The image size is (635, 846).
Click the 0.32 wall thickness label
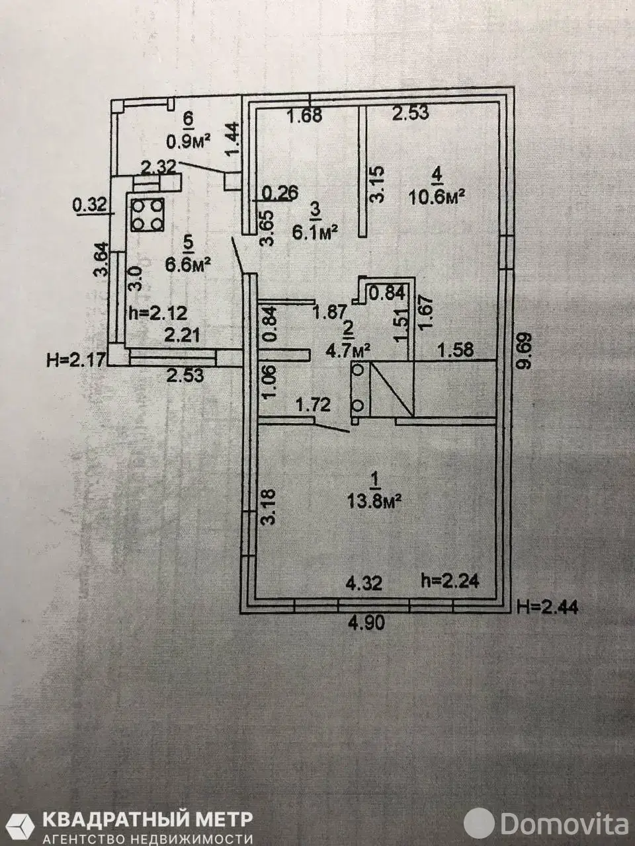pyautogui.click(x=89, y=205)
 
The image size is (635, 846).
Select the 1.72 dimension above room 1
pyautogui.click(x=313, y=405)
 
